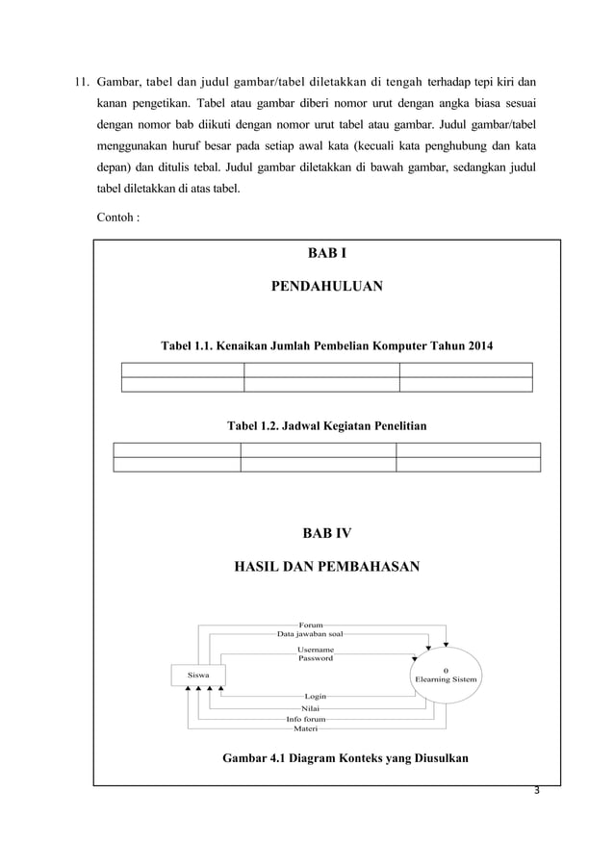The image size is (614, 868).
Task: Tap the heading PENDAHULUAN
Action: [328, 286]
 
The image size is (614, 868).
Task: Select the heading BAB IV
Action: [327, 531]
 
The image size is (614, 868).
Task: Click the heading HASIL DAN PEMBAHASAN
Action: [327, 567]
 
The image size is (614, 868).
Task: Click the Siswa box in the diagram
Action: [199, 676]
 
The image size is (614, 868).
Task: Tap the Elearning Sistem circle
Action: [446, 676]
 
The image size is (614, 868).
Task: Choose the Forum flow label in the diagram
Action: [311, 625]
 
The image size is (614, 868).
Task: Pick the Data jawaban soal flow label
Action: [310, 635]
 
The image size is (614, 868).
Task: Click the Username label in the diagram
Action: [315, 650]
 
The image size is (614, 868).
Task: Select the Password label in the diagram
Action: [315, 658]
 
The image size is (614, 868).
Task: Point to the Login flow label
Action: [315, 695]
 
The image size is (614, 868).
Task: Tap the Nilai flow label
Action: [311, 707]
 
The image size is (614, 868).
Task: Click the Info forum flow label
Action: [306, 719]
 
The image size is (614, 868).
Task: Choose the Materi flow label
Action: [306, 728]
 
